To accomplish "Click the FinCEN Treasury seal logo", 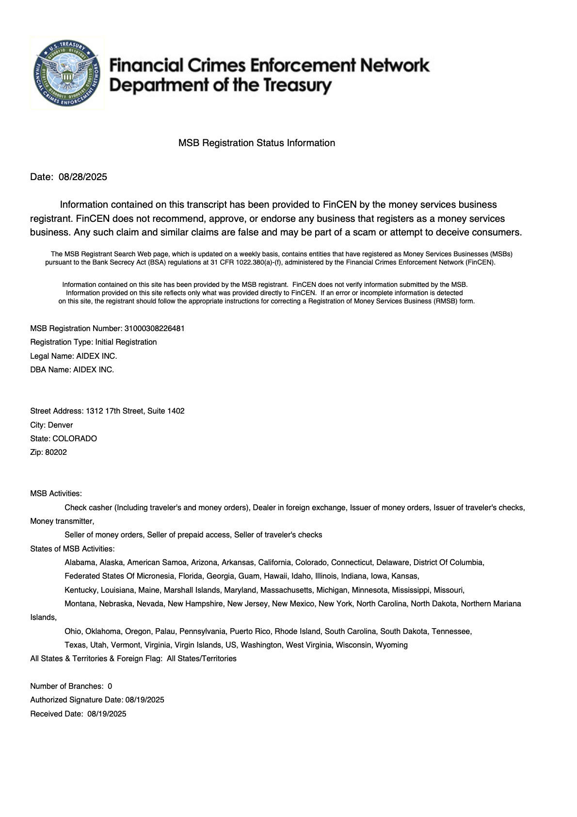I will click(x=67, y=73).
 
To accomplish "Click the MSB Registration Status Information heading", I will click(x=256, y=143).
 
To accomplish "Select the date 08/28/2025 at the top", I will click(x=82, y=177).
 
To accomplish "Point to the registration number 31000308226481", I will click(x=154, y=328).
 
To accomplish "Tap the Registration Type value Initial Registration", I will click(x=126, y=342).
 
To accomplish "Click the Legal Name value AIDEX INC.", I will click(x=96, y=356).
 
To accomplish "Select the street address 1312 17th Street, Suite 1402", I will click(x=135, y=411).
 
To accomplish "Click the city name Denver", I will click(x=60, y=425).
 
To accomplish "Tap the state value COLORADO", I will click(x=75, y=438).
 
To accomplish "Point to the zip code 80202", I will click(x=56, y=452).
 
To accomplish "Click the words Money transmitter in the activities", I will click(x=62, y=521).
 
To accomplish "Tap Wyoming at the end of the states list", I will click(x=391, y=645).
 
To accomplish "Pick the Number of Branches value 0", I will click(x=110, y=686).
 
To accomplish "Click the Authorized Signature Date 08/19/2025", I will click(x=144, y=700).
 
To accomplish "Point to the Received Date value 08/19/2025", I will click(x=107, y=714).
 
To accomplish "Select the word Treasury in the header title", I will click(x=297, y=86).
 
